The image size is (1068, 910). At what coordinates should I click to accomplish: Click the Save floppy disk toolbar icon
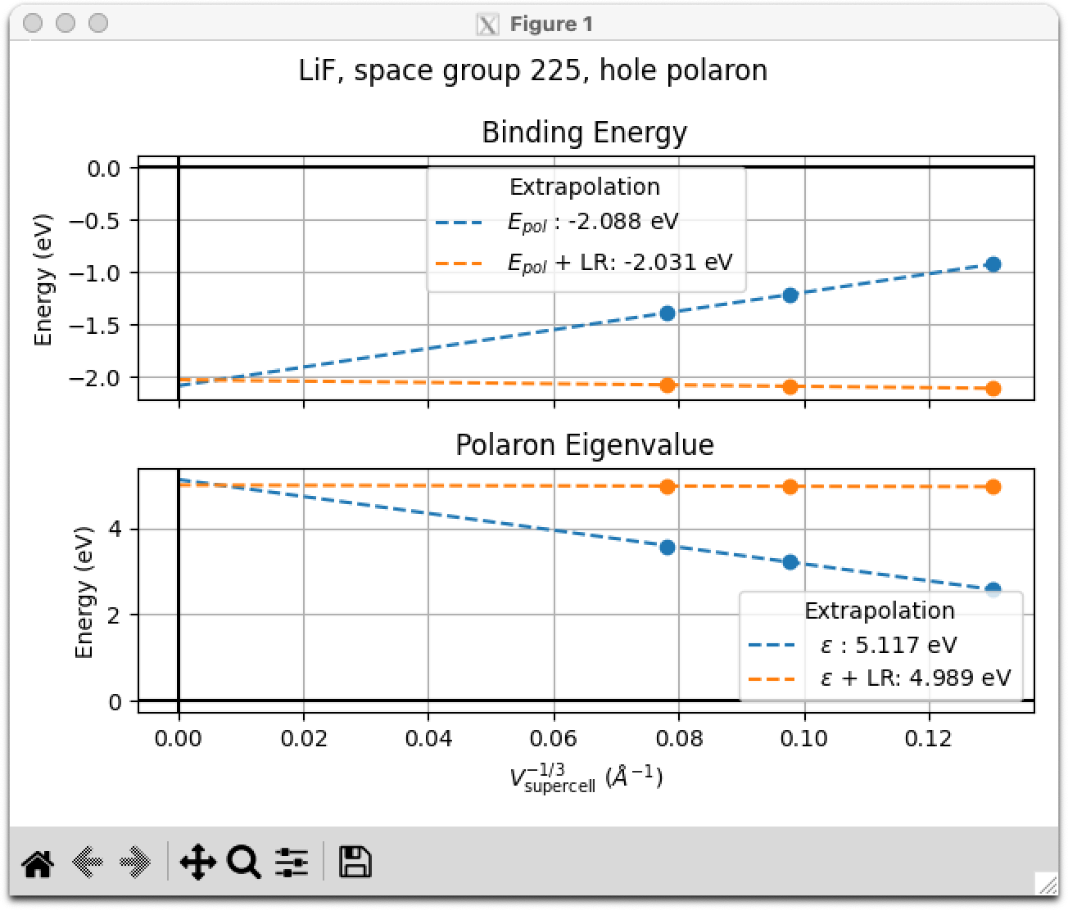click(355, 863)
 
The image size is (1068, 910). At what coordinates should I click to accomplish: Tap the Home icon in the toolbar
click(38, 863)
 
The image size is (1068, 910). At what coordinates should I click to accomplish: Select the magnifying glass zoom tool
click(244, 863)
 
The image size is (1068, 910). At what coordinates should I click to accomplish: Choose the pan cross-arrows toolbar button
click(197, 863)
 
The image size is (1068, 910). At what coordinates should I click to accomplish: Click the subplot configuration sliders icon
click(292, 863)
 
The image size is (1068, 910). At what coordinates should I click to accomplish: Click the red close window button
click(34, 23)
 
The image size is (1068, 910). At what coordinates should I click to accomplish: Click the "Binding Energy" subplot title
click(584, 133)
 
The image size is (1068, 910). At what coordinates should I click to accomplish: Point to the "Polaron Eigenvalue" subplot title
click(584, 445)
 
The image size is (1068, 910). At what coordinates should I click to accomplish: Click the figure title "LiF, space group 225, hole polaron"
click(533, 70)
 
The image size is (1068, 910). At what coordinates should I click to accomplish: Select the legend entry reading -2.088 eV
click(592, 222)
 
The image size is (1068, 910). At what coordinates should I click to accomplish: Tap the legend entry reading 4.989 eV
click(915, 678)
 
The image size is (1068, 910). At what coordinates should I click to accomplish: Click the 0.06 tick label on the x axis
click(554, 739)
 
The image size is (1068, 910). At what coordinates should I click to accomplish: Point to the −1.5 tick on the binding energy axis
click(97, 326)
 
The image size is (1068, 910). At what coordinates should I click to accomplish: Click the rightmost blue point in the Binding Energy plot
click(993, 264)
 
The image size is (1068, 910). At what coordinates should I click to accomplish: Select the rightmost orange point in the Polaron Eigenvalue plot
click(993, 487)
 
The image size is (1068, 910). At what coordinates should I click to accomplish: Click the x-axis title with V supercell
click(586, 776)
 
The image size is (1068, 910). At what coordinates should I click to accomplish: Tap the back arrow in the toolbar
click(88, 863)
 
